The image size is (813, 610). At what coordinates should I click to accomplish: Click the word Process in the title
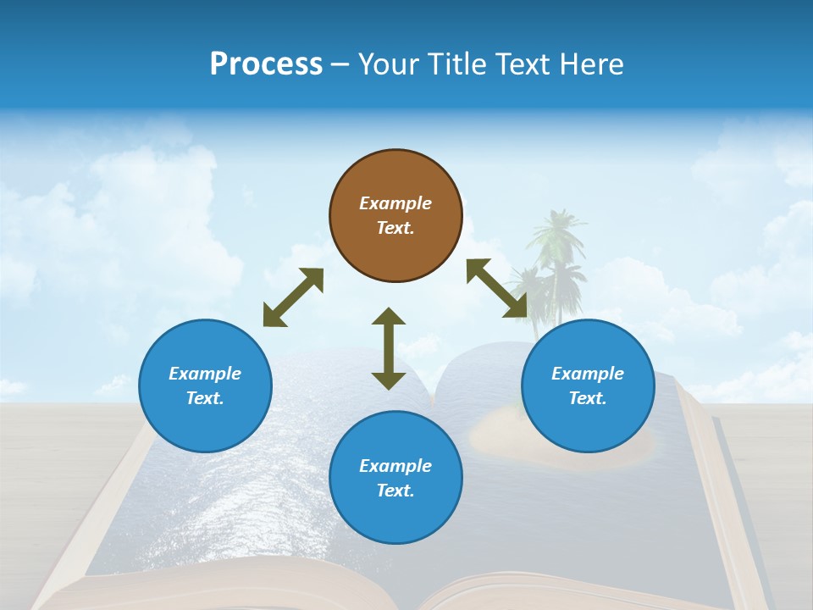266,64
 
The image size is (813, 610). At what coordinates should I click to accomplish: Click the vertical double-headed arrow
389,349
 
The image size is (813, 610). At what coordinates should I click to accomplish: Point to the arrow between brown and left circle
293,297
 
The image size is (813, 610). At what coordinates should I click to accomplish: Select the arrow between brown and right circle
497,288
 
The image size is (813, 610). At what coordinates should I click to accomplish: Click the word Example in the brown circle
395,203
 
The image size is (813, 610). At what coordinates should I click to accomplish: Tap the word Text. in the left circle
205,398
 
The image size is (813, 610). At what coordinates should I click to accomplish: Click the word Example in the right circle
588,374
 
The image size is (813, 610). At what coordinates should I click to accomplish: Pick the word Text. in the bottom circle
395,491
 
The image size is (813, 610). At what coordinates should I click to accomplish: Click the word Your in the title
386,64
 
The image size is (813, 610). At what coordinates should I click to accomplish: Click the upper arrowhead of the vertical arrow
389,316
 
